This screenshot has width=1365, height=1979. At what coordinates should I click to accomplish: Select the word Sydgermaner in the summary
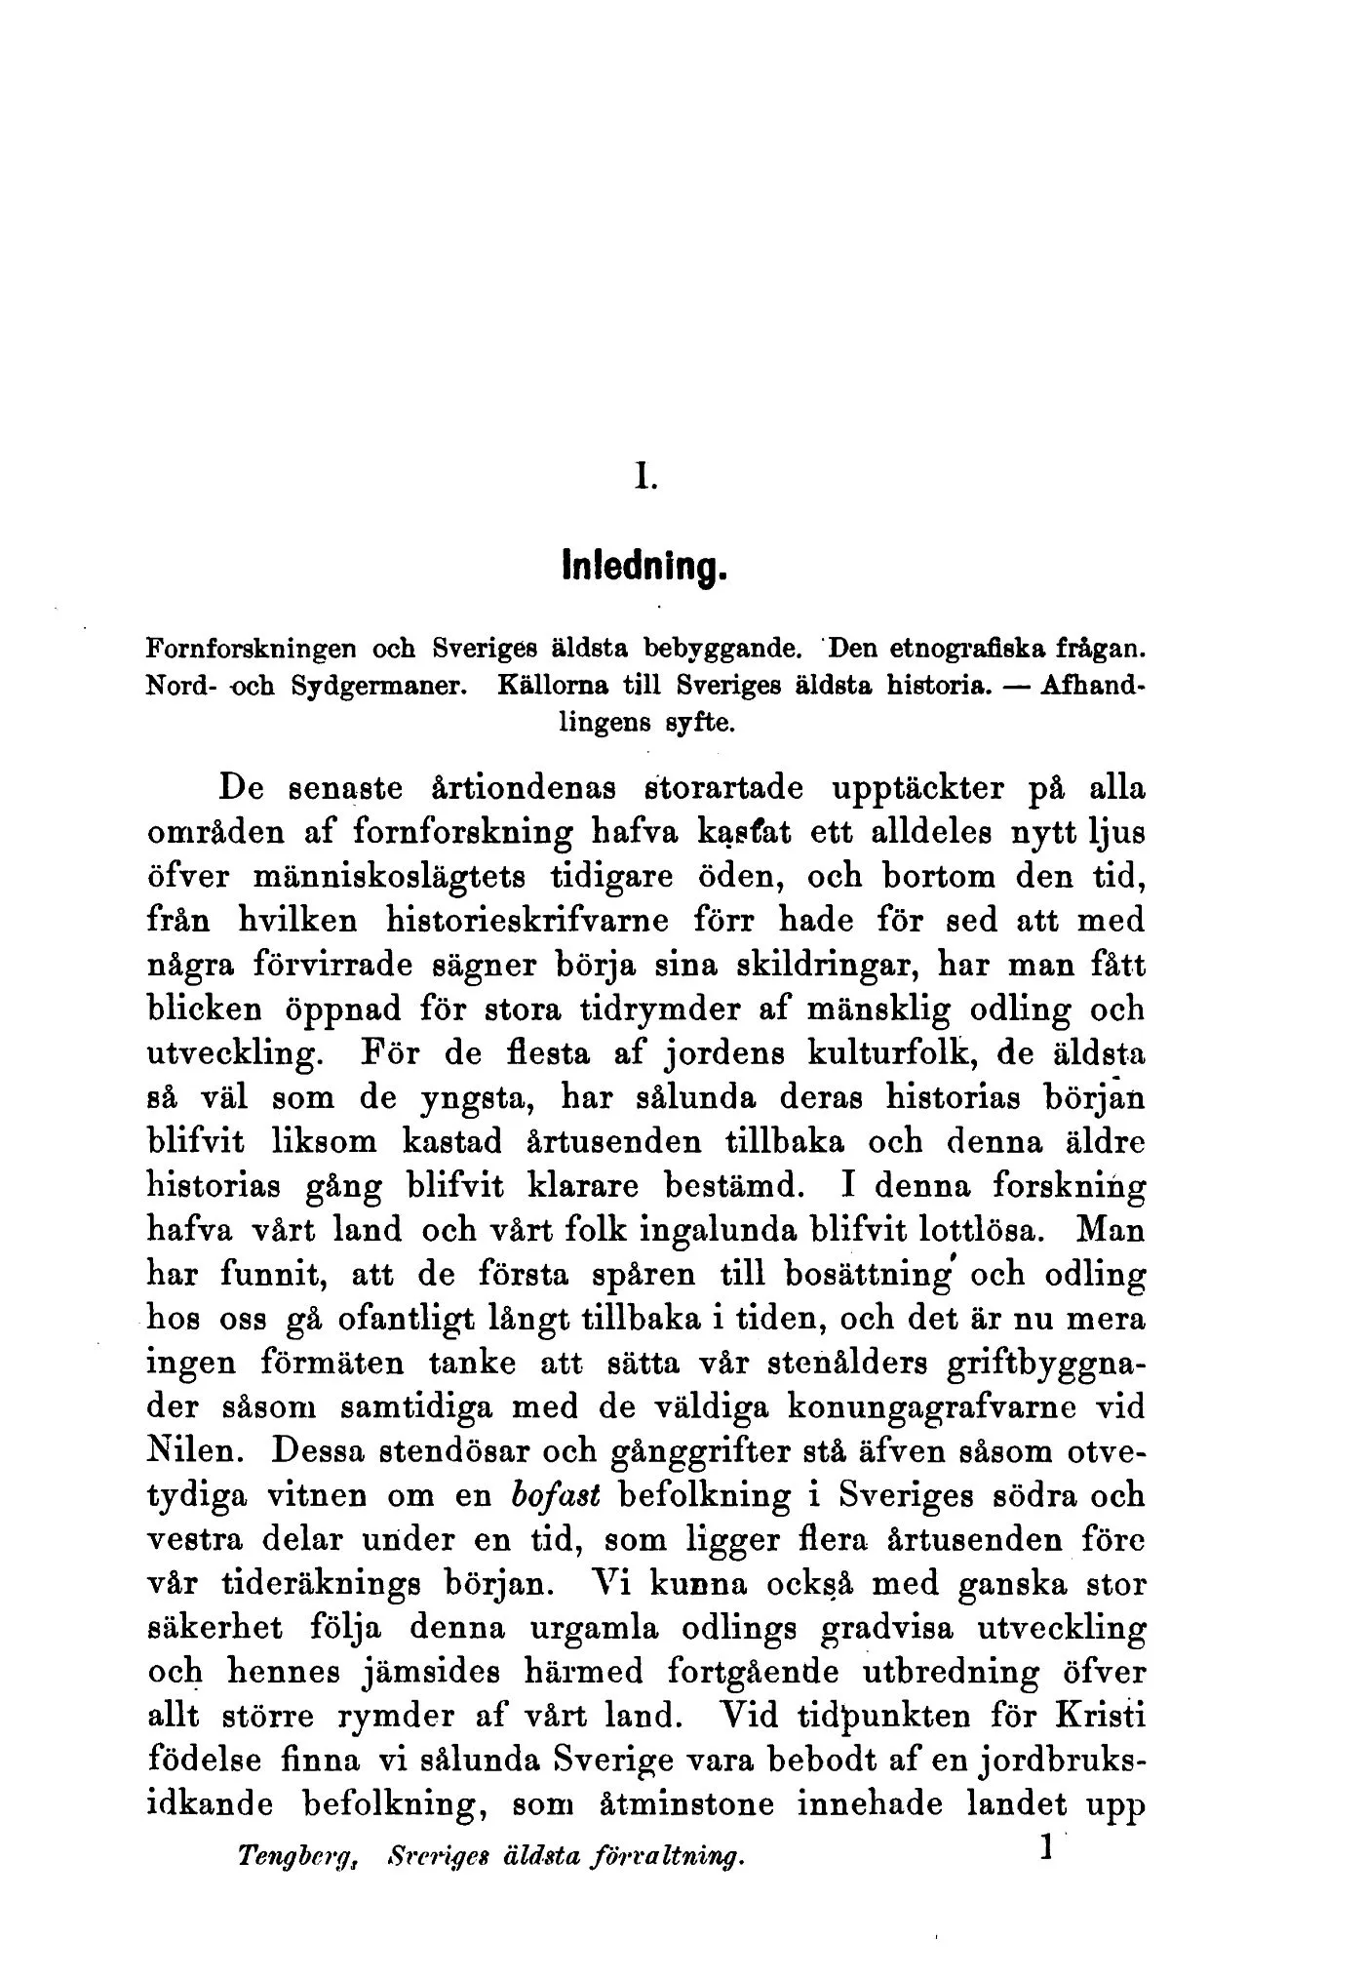(377, 685)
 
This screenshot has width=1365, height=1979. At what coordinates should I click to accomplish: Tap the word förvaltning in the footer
(673, 1858)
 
